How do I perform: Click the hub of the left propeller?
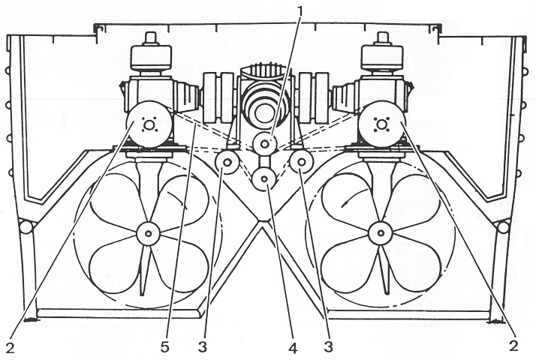(x=149, y=234)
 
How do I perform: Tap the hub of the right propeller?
(x=381, y=234)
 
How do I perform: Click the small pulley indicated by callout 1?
(x=264, y=142)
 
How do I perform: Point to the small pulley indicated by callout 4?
(x=264, y=179)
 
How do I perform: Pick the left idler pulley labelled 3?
(x=227, y=162)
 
